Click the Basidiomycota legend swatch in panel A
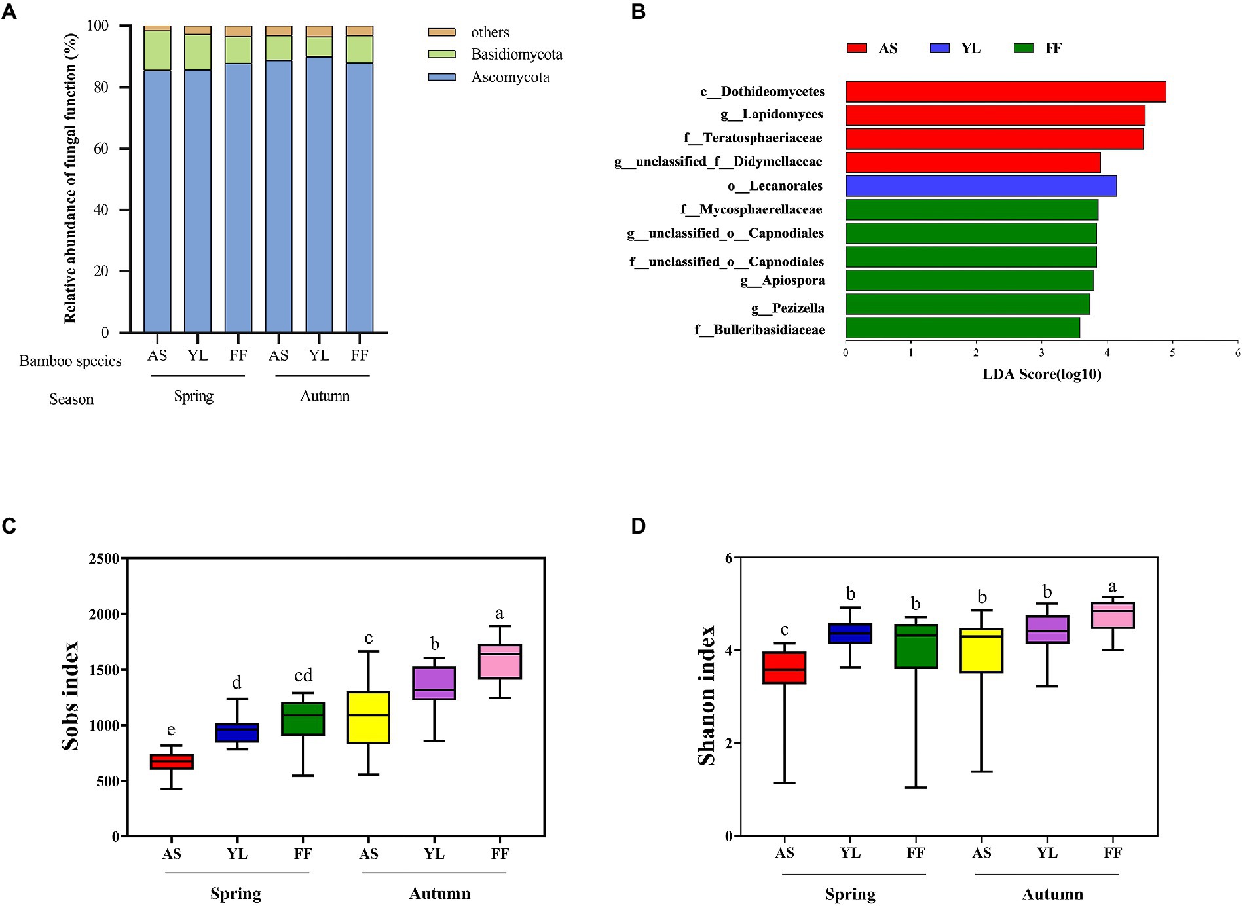(x=441, y=54)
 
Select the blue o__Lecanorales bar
(x=980, y=186)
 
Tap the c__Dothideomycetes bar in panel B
(x=1005, y=92)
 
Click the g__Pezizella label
(x=787, y=308)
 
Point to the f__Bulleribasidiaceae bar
(x=962, y=327)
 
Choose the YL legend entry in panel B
(x=956, y=48)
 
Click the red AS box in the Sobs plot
(x=172, y=762)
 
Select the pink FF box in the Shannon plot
(x=1112, y=615)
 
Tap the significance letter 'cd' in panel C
(x=303, y=675)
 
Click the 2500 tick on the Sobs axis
(x=105, y=558)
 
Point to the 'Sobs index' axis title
(x=69, y=696)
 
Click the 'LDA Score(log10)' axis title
(x=1041, y=374)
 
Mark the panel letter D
(x=638, y=526)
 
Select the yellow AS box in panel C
(x=368, y=717)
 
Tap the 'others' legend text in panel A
(x=489, y=32)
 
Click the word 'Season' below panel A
(x=71, y=399)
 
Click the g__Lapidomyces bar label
(x=772, y=115)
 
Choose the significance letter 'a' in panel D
(x=1112, y=587)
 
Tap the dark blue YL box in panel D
(x=850, y=633)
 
